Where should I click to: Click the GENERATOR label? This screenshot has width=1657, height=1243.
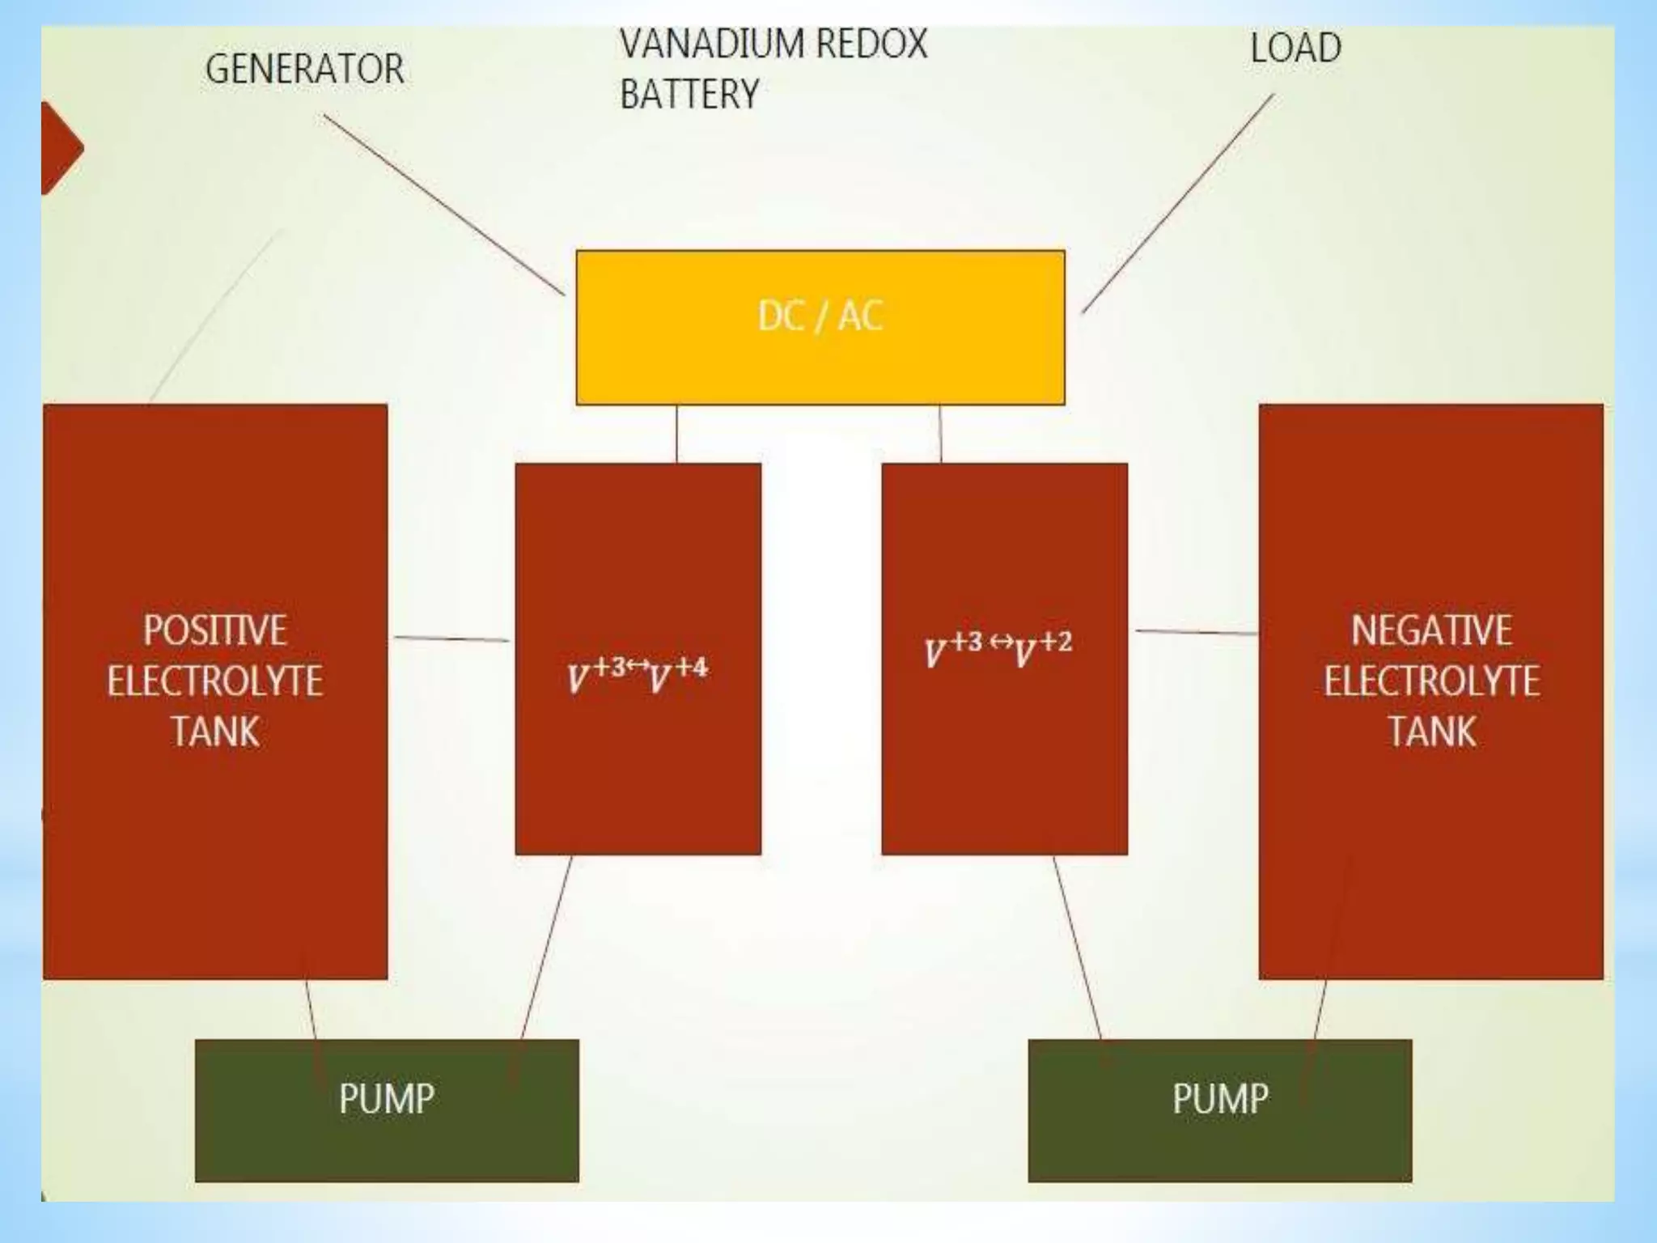coord(304,69)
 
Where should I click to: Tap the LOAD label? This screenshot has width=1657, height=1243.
coord(1295,49)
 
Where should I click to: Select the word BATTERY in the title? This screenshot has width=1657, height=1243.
coord(689,95)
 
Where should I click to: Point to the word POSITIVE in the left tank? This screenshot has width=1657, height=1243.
coord(215,630)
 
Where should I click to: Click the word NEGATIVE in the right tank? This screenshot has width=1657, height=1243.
coord(1431,630)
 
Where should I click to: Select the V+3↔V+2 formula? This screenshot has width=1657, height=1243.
coord(998,649)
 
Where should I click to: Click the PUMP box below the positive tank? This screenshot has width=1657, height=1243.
coord(387,1109)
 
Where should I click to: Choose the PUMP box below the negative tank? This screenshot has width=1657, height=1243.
coord(1219,1109)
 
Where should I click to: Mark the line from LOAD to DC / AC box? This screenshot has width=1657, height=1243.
coord(1178,203)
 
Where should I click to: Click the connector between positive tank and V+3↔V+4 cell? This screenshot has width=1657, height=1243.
coord(451,639)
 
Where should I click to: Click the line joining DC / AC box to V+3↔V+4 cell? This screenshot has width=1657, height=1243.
coord(676,434)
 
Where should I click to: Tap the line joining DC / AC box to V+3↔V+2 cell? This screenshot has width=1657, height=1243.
coord(940,434)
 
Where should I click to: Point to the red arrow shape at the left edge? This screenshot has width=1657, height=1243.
coord(60,148)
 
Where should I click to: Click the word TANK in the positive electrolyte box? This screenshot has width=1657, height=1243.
coord(215,732)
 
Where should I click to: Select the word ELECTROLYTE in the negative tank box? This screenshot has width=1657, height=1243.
coord(1431,681)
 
